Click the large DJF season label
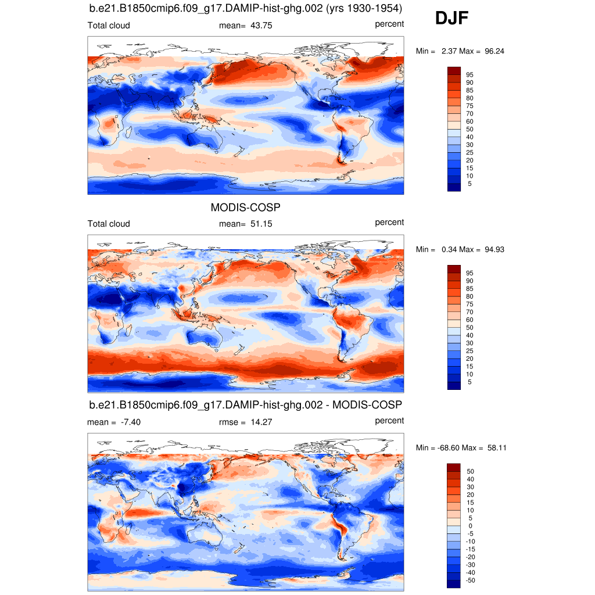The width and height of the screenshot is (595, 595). (451, 19)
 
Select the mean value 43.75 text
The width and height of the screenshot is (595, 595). (261, 26)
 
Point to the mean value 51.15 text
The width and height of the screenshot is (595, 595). (261, 224)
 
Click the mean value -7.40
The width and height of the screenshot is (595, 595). (129, 422)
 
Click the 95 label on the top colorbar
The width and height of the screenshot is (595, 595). (469, 75)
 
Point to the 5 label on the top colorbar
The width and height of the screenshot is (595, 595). (469, 184)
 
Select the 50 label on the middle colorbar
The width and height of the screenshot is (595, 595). (469, 328)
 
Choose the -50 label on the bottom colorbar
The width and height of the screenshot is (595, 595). (471, 580)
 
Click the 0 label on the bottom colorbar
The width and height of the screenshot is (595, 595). (469, 526)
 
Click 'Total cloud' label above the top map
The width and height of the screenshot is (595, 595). (109, 26)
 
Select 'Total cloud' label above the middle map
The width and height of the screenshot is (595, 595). (109, 224)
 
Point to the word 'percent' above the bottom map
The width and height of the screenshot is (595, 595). (389, 420)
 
